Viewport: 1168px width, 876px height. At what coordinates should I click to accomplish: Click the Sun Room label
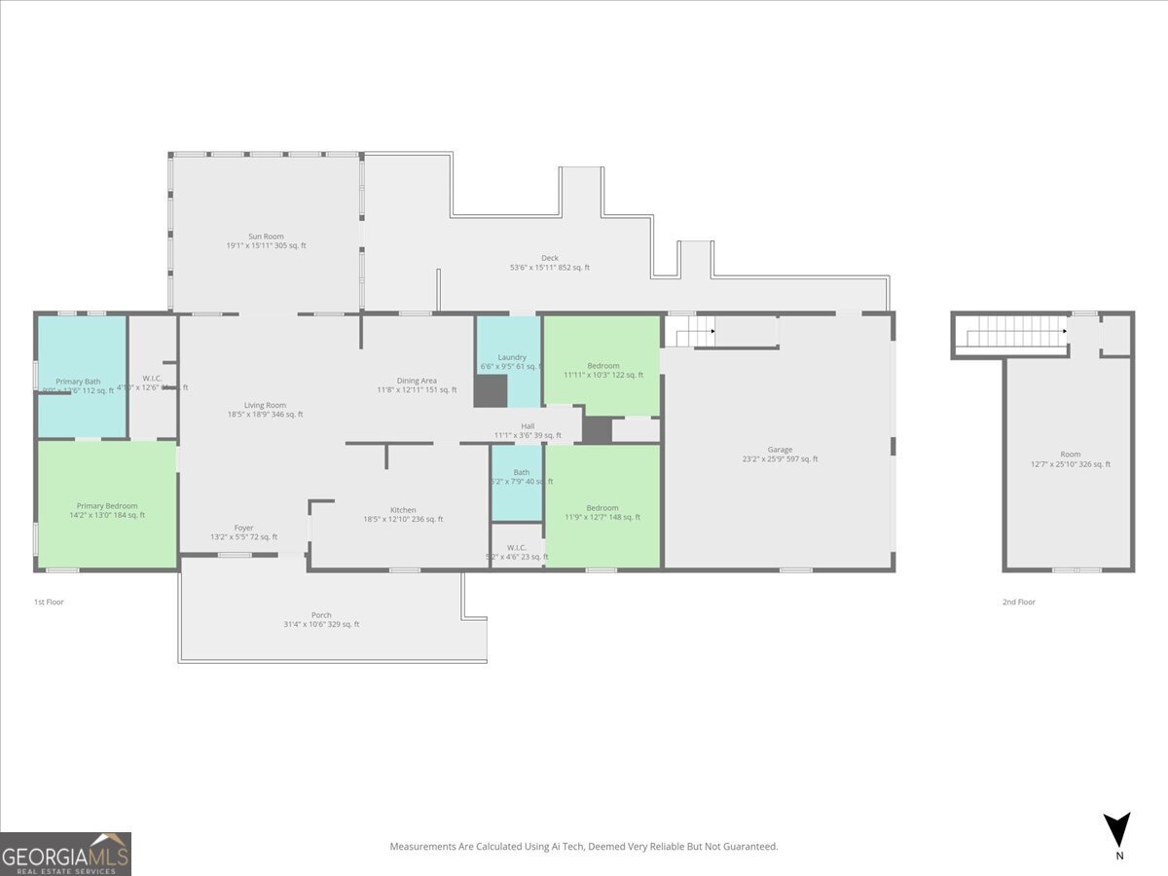266,236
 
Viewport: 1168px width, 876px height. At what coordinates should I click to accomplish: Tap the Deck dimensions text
550,268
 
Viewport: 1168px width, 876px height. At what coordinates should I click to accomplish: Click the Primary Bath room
82,375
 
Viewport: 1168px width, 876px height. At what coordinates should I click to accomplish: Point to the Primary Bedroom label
107,506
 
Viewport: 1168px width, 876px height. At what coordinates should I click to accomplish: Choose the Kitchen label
403,510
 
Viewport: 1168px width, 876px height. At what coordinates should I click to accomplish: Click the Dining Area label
417,381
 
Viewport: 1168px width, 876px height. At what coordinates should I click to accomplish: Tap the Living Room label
265,405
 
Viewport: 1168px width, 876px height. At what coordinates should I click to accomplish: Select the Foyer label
244,528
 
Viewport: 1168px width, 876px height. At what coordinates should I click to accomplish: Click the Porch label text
321,615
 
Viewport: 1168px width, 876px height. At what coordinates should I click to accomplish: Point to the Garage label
780,450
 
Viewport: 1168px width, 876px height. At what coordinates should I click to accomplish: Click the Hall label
528,426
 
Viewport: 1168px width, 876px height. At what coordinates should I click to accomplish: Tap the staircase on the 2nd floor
1012,336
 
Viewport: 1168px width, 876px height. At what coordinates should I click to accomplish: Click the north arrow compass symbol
1118,830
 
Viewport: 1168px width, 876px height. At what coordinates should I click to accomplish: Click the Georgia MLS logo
65,854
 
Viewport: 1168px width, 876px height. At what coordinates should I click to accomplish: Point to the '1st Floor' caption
49,602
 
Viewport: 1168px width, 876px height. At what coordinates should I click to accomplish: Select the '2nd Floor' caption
1019,602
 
